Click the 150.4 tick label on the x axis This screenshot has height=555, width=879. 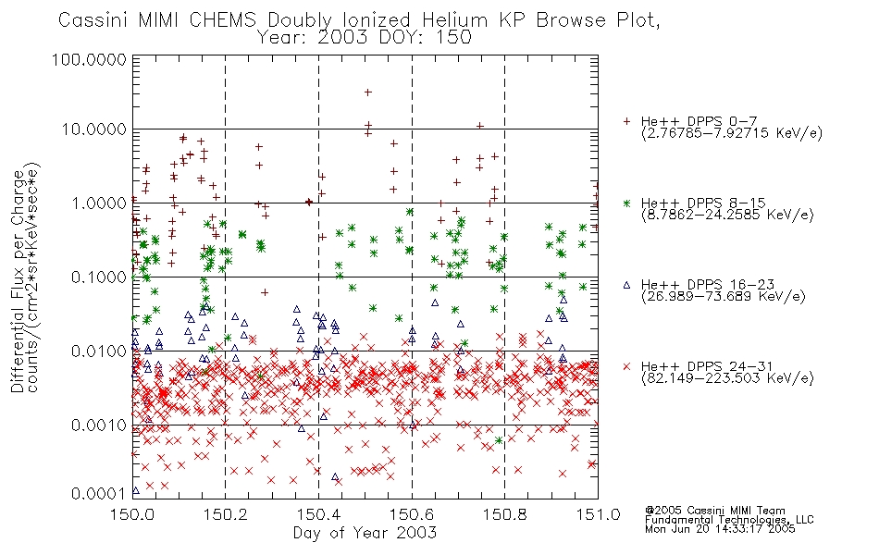point(318,513)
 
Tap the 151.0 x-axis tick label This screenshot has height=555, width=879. point(598,513)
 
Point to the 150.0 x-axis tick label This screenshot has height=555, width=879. point(132,513)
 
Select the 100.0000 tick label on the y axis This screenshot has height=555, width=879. point(89,59)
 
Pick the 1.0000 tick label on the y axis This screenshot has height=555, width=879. point(98,203)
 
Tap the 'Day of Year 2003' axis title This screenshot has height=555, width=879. point(365,533)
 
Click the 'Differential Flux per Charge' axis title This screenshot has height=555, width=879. point(19,281)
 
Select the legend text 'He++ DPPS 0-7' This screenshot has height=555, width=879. point(699,121)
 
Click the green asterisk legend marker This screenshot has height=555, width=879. point(626,203)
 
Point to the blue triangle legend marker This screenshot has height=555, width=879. point(626,285)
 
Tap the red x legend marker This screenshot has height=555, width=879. point(626,366)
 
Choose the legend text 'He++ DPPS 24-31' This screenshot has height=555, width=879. point(707,366)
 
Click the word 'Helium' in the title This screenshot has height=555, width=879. point(454,20)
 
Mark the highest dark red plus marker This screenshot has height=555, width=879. point(367,92)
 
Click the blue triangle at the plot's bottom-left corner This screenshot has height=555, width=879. point(135,490)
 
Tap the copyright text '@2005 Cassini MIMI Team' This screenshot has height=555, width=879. point(714,511)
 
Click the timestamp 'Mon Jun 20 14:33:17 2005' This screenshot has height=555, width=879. point(720,529)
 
